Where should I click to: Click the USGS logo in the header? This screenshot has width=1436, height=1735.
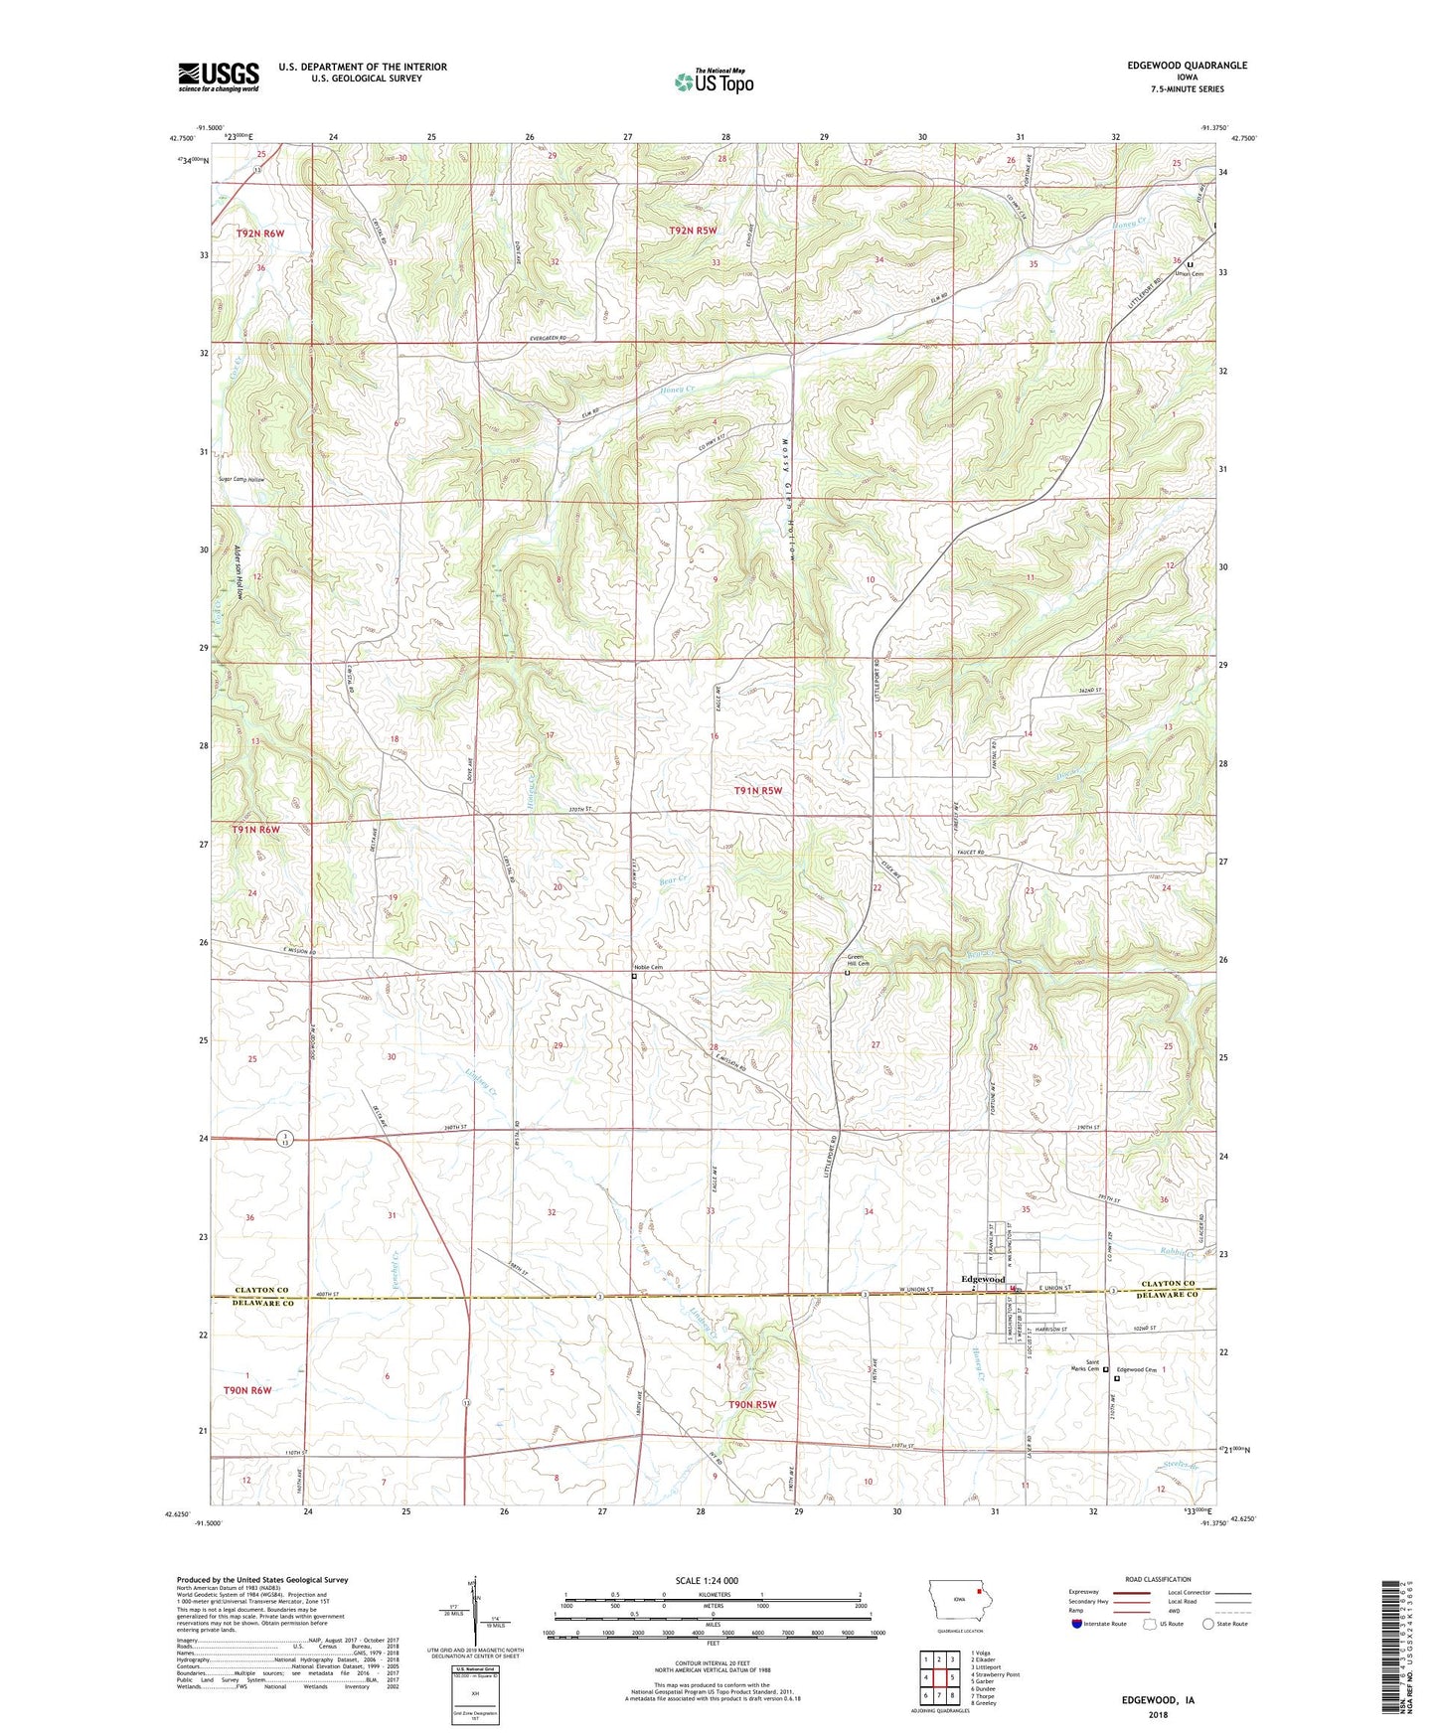pyautogui.click(x=219, y=76)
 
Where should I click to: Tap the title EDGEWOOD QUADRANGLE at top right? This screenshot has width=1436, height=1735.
pyautogui.click(x=1187, y=66)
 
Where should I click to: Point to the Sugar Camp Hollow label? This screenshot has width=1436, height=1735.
pyautogui.click(x=242, y=479)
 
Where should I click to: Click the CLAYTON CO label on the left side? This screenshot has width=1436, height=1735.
pyautogui.click(x=261, y=1290)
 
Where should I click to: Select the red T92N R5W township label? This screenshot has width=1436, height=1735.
pyautogui.click(x=693, y=231)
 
